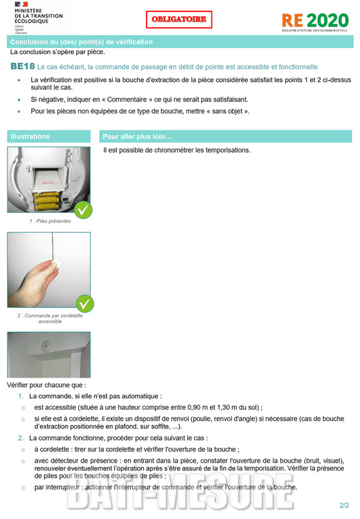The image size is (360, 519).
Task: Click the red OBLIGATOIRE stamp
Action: click(179, 20)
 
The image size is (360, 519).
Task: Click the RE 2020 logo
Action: click(315, 21)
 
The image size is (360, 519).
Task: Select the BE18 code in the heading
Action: click(22, 67)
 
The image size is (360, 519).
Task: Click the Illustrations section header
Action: click(49, 137)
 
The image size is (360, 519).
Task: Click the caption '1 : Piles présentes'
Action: click(50, 221)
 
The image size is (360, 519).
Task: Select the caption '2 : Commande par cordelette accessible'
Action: click(50, 318)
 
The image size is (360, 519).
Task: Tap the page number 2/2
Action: click(344, 505)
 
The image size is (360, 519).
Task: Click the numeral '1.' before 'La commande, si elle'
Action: click(21, 396)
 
